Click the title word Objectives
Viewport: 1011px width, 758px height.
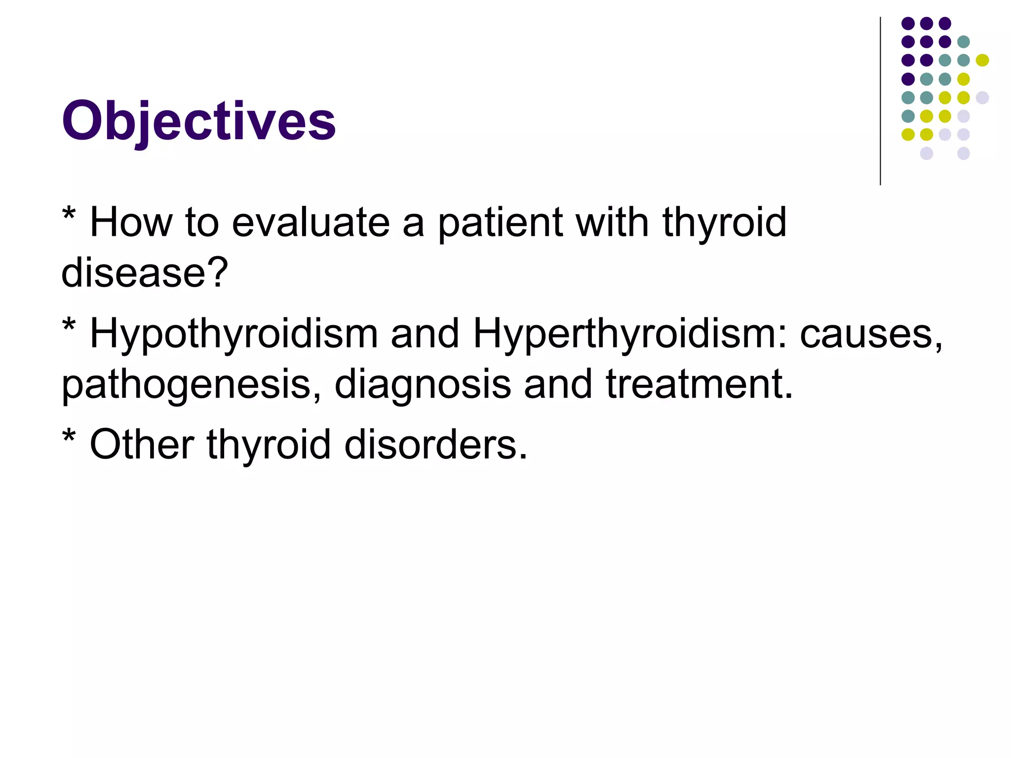[x=198, y=121]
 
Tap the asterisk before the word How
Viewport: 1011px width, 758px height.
[x=69, y=216]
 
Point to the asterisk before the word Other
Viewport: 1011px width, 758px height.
[x=69, y=437]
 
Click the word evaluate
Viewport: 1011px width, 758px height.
[x=311, y=223]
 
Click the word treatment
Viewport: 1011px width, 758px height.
[x=699, y=385]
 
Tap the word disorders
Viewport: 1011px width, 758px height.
[x=435, y=445]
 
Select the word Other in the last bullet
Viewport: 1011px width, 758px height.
[x=142, y=445]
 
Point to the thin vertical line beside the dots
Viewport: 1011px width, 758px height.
[x=880, y=101]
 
